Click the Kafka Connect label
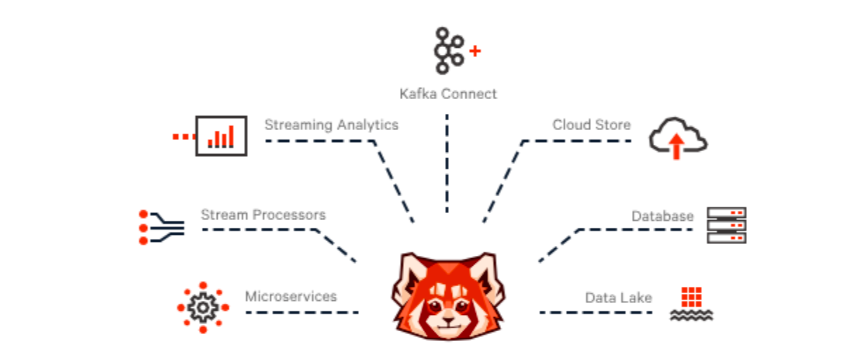pyautogui.click(x=447, y=94)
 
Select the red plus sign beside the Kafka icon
pyautogui.click(x=475, y=51)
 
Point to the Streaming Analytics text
pyautogui.click(x=331, y=125)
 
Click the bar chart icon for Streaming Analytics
pyautogui.click(x=221, y=136)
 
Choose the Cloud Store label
pyautogui.click(x=591, y=125)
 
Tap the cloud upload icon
pyautogui.click(x=678, y=138)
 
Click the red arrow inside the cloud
pyautogui.click(x=676, y=146)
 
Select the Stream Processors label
pyautogui.click(x=263, y=214)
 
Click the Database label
pyautogui.click(x=662, y=216)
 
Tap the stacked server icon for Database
pyautogui.click(x=726, y=225)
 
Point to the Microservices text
pyautogui.click(x=290, y=296)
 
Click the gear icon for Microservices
pyautogui.click(x=202, y=307)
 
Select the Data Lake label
pyautogui.click(x=618, y=298)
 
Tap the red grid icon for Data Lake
pyautogui.click(x=691, y=297)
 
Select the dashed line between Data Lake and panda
pyautogui.click(x=590, y=312)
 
